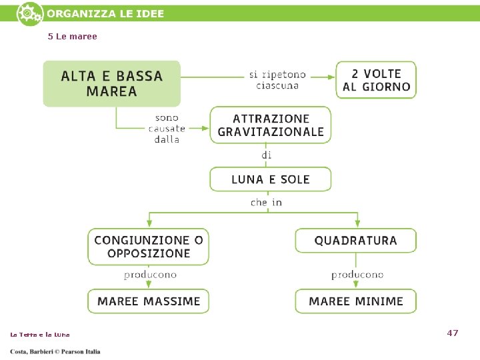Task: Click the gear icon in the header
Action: pyautogui.click(x=30, y=14)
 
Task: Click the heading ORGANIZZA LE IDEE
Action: pyautogui.click(x=105, y=14)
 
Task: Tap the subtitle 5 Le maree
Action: pyautogui.click(x=73, y=37)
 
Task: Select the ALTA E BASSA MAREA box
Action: pyautogui.click(x=112, y=83)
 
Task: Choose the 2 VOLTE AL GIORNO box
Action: pyautogui.click(x=376, y=80)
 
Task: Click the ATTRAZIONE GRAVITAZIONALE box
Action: pyautogui.click(x=271, y=125)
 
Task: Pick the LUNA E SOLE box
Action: pyautogui.click(x=271, y=179)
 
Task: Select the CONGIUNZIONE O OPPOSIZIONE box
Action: pyautogui.click(x=149, y=247)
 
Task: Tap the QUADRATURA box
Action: pyautogui.click(x=356, y=241)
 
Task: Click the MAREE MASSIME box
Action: pyautogui.click(x=149, y=301)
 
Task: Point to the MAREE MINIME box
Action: pyautogui.click(x=356, y=301)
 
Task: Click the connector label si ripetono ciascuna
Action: pyautogui.click(x=277, y=80)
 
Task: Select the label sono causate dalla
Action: pyautogui.click(x=167, y=129)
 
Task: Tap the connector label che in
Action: pyautogui.click(x=266, y=203)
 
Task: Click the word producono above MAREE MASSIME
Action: pyautogui.click(x=150, y=275)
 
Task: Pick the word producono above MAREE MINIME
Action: pyautogui.click(x=357, y=275)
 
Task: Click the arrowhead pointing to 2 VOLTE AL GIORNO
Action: pyautogui.click(x=331, y=77)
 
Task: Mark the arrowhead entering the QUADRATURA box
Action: pyautogui.click(x=357, y=223)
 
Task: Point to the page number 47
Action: pyautogui.click(x=453, y=333)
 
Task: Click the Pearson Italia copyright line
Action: pyautogui.click(x=55, y=352)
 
